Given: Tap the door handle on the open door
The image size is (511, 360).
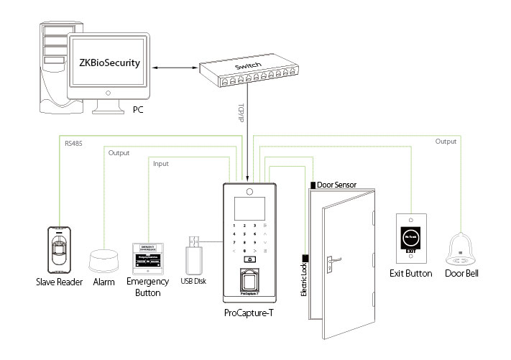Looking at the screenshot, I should tap(331, 260).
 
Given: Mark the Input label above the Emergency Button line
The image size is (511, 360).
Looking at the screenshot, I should tap(161, 165).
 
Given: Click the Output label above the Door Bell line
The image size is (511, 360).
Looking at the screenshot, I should tap(446, 142).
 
